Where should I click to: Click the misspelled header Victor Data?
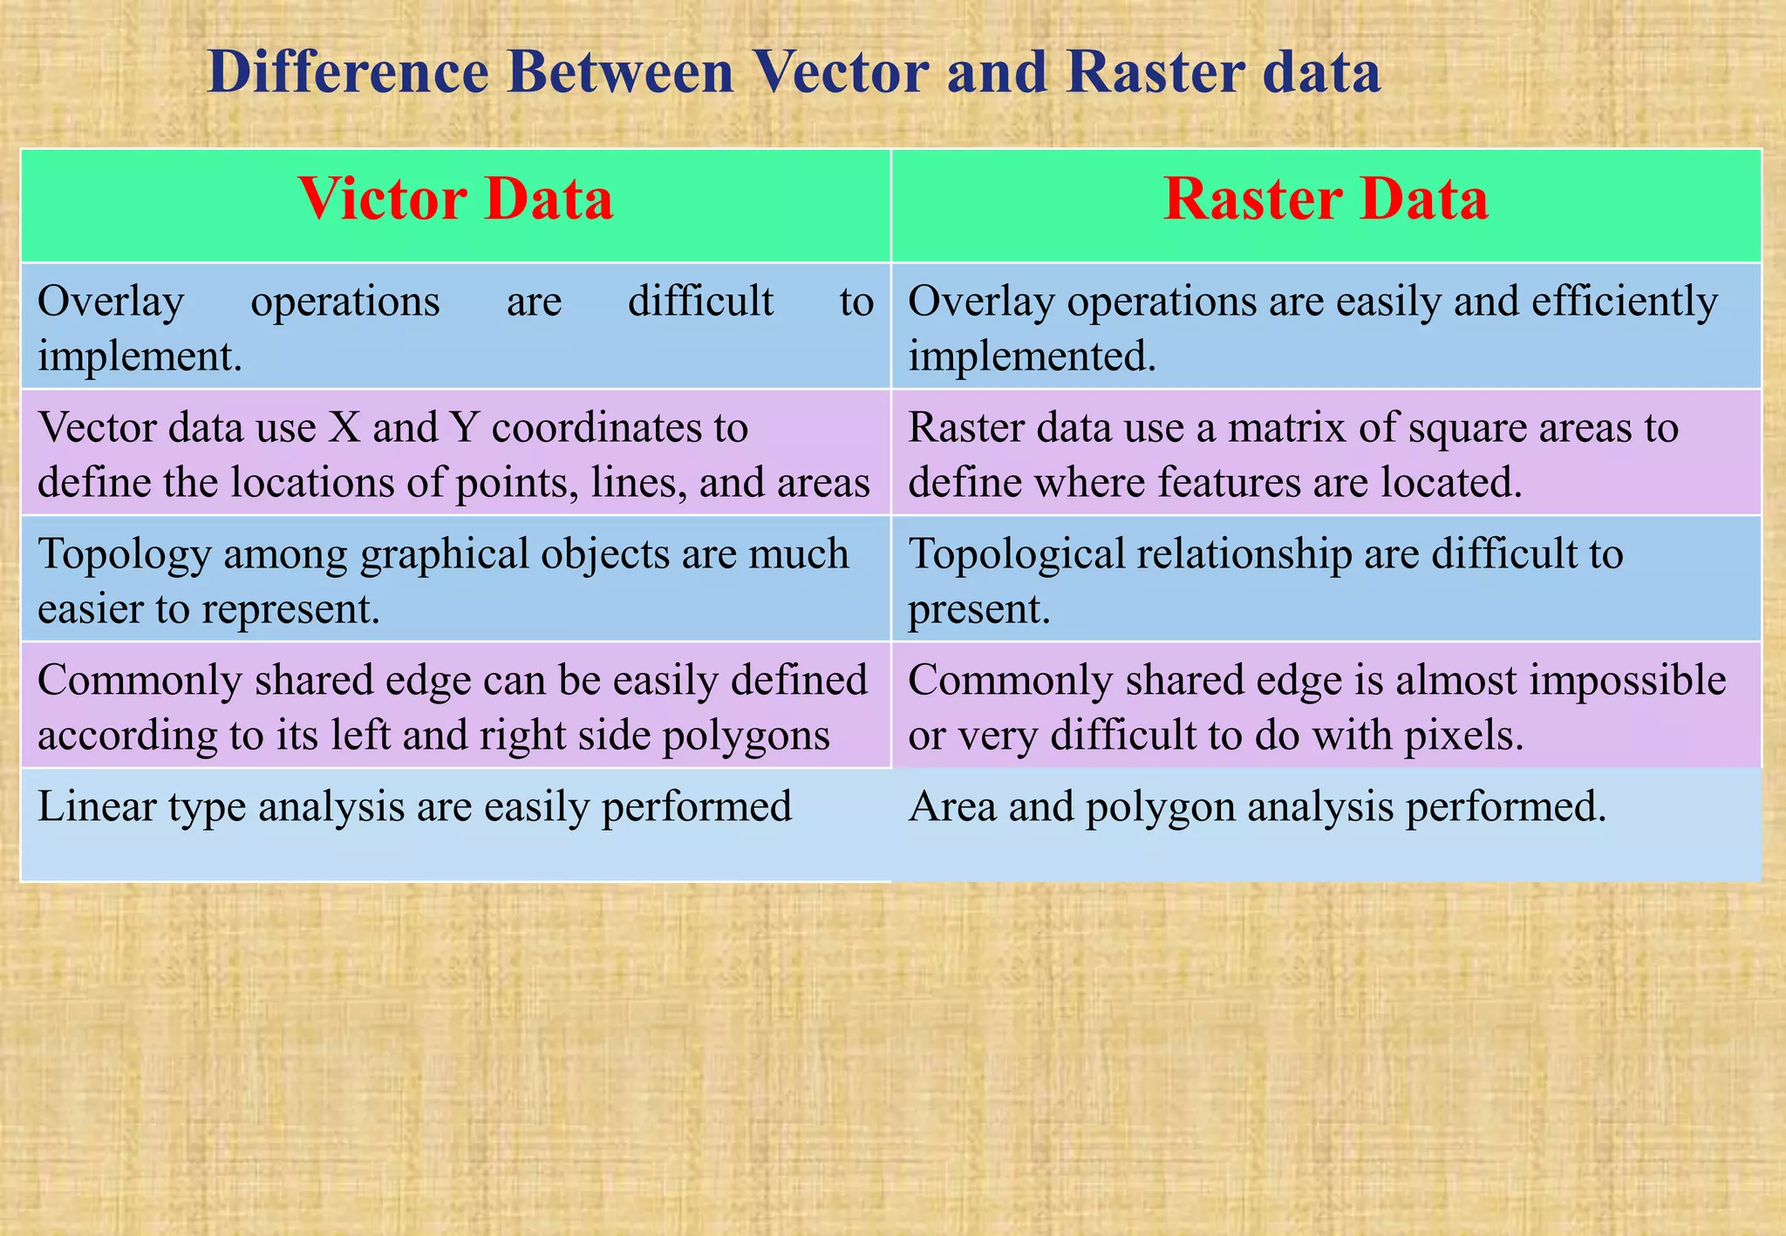[455, 200]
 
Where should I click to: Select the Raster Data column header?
[1326, 200]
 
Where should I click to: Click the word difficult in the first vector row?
[700, 302]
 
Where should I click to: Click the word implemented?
[1032, 357]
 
